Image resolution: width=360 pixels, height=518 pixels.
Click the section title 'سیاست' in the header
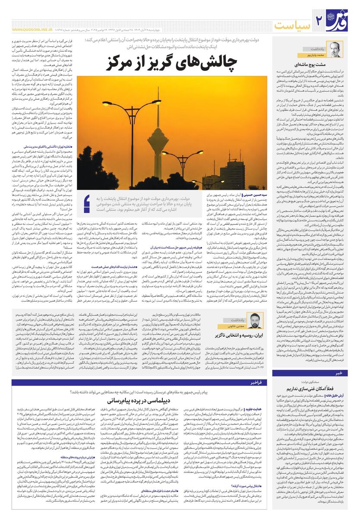(294, 25)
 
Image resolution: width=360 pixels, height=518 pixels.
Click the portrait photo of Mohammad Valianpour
(335, 49)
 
